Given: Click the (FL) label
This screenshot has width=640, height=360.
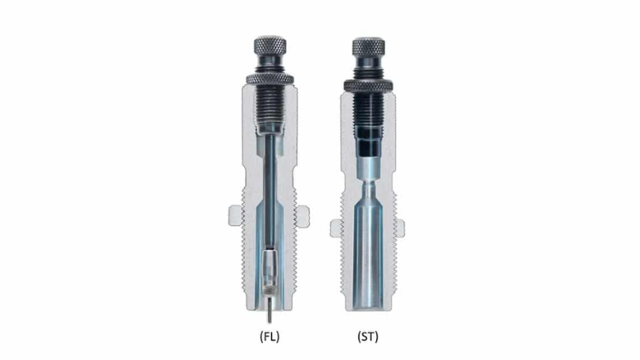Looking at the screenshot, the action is pyautogui.click(x=270, y=337).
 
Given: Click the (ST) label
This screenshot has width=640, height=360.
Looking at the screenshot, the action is pyautogui.click(x=368, y=337).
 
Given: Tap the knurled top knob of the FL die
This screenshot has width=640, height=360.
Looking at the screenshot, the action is pyautogui.click(x=270, y=45).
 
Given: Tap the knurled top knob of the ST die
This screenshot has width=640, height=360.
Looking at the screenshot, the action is pyautogui.click(x=369, y=47).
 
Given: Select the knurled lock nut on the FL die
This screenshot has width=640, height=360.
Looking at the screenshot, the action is pyautogui.click(x=270, y=79).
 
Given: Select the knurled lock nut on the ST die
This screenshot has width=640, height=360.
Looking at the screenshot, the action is pyautogui.click(x=369, y=85).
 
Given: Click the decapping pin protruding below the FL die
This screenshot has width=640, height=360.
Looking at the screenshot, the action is pyautogui.click(x=270, y=310).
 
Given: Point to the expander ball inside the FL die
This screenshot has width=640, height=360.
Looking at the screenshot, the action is pyautogui.click(x=270, y=269).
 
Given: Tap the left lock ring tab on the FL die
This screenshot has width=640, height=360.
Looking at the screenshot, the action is pyautogui.click(x=235, y=216).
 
